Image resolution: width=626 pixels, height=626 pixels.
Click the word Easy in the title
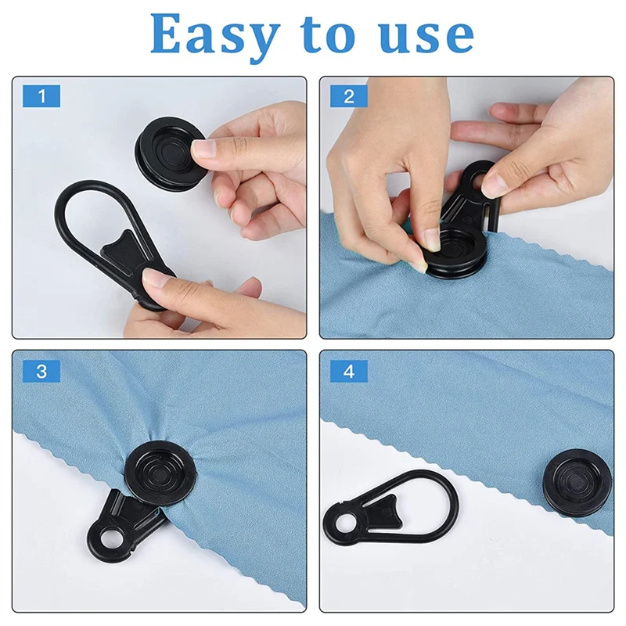(214, 35)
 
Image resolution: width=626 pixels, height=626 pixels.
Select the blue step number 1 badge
(41, 96)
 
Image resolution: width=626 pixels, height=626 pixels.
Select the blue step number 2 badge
(349, 96)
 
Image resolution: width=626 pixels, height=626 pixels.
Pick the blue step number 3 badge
(41, 371)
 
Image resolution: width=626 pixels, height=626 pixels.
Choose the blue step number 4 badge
(349, 371)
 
